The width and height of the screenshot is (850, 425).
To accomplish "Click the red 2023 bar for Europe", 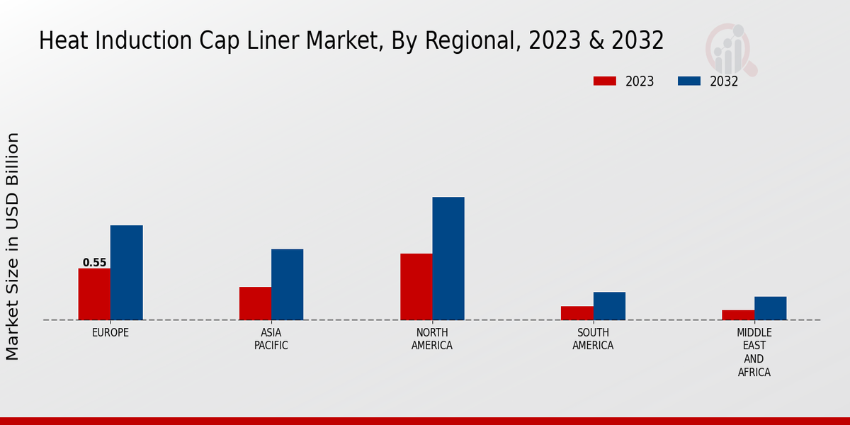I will pos(94,294).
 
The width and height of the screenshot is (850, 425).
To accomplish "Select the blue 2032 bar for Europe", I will pos(126,273).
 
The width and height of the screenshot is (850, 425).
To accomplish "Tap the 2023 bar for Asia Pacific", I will pos(255,303).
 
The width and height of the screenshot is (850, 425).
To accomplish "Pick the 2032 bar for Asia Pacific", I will pos(287,284).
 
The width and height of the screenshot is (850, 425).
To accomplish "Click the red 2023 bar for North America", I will pos(416,287).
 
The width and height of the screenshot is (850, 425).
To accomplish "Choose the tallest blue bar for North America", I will pos(448,259).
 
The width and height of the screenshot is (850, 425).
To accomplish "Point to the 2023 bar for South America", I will pos(577,312).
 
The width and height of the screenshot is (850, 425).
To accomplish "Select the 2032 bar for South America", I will pos(609,305).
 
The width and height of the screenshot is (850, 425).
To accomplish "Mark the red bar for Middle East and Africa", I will pos(738,314).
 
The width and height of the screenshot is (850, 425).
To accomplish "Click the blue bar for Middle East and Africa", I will pos(770,308).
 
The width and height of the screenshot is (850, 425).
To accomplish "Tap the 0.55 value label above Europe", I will pos(94,263).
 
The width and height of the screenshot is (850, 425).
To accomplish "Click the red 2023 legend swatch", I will pos(605,81).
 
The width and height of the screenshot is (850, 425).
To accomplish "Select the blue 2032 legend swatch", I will pos(689,81).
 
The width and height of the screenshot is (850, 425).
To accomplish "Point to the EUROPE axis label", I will pos(110,332).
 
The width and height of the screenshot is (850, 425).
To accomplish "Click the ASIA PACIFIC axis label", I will pos(271,339).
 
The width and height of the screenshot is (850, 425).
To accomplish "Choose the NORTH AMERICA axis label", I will pos(432,339).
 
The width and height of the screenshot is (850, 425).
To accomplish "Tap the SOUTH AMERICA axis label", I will pos(593,339).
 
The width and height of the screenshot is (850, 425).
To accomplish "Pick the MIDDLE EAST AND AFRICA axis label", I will pos(754,352).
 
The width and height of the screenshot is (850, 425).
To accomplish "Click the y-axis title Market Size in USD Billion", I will pos(13,246).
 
